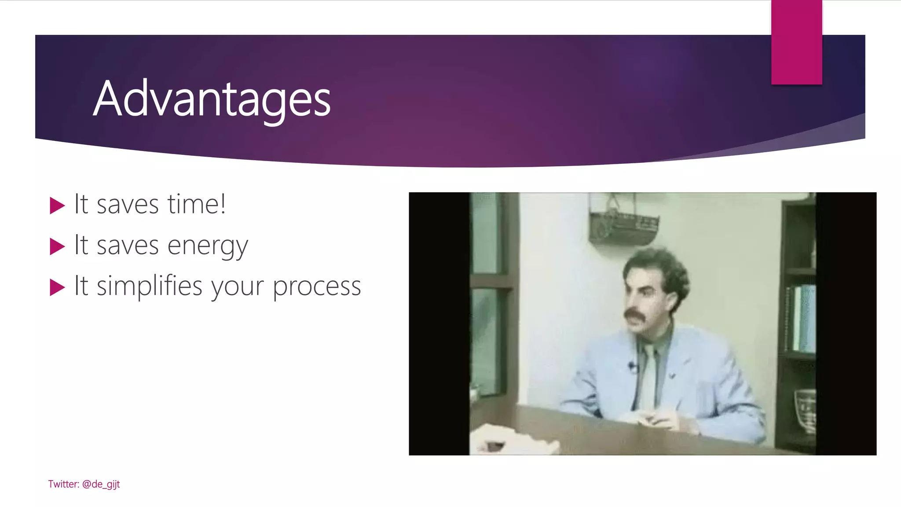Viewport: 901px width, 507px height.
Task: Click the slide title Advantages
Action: (x=212, y=99)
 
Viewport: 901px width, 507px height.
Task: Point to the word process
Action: (x=317, y=287)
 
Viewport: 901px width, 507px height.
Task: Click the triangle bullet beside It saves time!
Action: (x=57, y=206)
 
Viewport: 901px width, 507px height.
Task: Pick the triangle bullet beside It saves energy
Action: (x=57, y=246)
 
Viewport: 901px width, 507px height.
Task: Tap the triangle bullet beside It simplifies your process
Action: (x=57, y=287)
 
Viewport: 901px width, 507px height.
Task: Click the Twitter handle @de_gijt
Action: (x=101, y=484)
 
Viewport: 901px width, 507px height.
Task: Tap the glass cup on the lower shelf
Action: (x=805, y=409)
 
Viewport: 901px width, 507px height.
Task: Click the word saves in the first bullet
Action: (x=128, y=205)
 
